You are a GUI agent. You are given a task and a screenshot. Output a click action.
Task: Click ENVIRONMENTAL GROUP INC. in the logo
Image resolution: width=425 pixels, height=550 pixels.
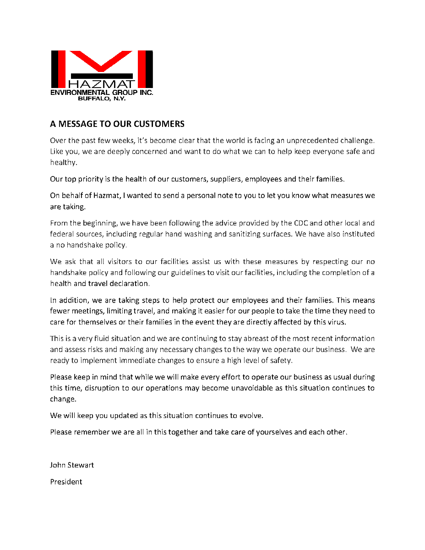coord(102,92)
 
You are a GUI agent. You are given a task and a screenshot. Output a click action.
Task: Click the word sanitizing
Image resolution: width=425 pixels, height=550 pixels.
coord(236,234)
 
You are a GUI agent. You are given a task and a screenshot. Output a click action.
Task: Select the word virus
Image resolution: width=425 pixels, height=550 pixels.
coord(336,322)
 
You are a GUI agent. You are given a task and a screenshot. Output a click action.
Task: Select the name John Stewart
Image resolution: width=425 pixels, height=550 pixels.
coord(72,465)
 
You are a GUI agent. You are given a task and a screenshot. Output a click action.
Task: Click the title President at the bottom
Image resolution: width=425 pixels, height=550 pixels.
coord(66,482)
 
